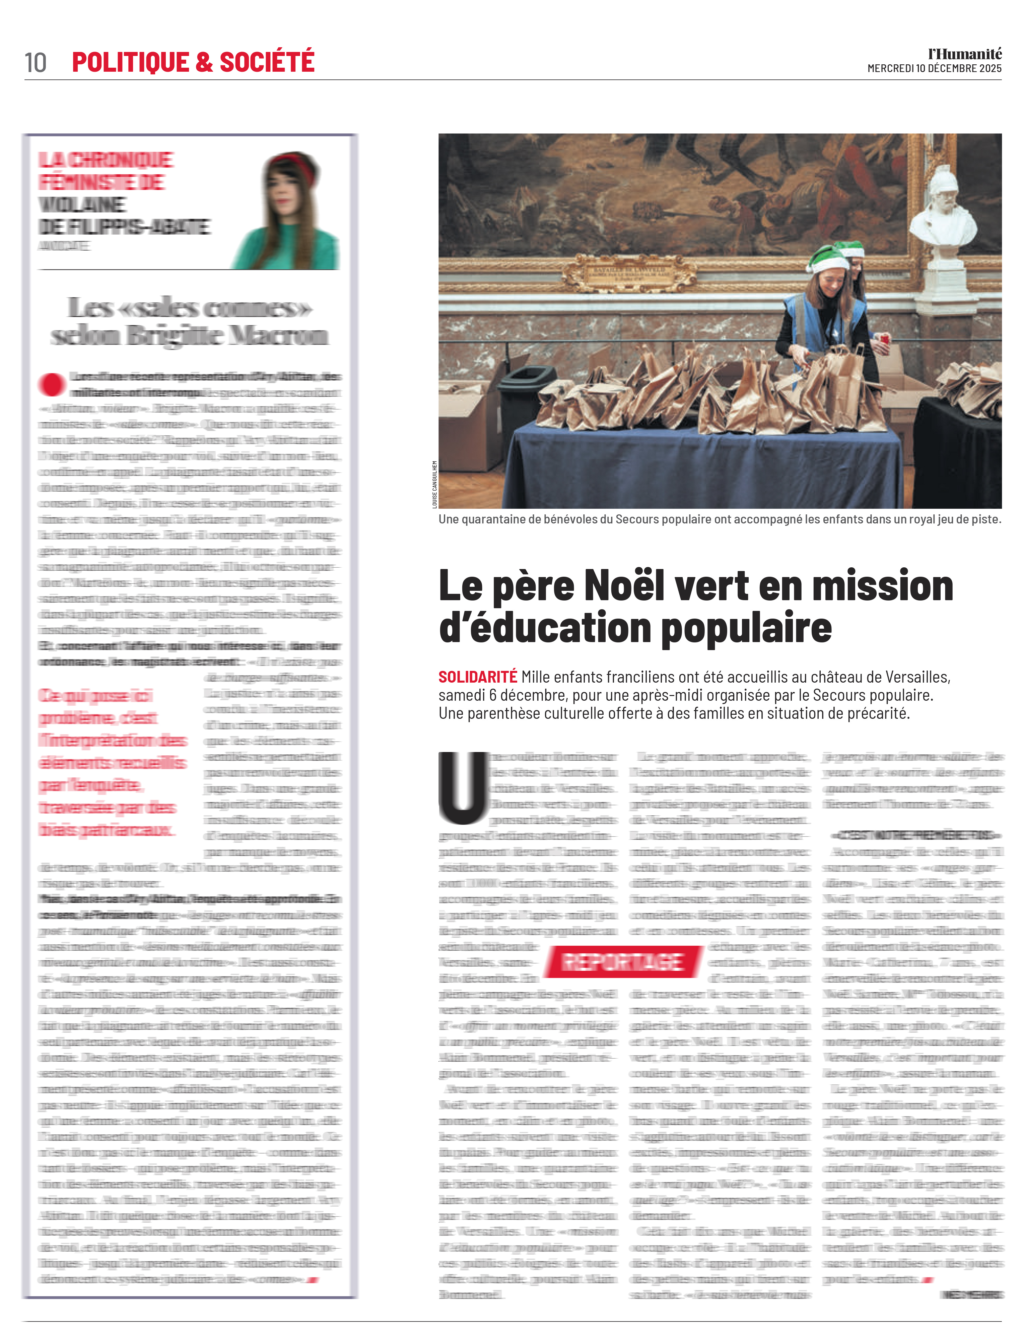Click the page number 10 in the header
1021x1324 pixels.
pos(35,62)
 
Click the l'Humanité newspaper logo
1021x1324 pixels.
pos(965,54)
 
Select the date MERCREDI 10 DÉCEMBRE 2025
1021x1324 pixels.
pos(934,68)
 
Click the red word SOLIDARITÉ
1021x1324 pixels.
pos(477,677)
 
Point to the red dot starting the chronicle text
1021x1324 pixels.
pos(52,384)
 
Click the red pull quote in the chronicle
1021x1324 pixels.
pos(112,762)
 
